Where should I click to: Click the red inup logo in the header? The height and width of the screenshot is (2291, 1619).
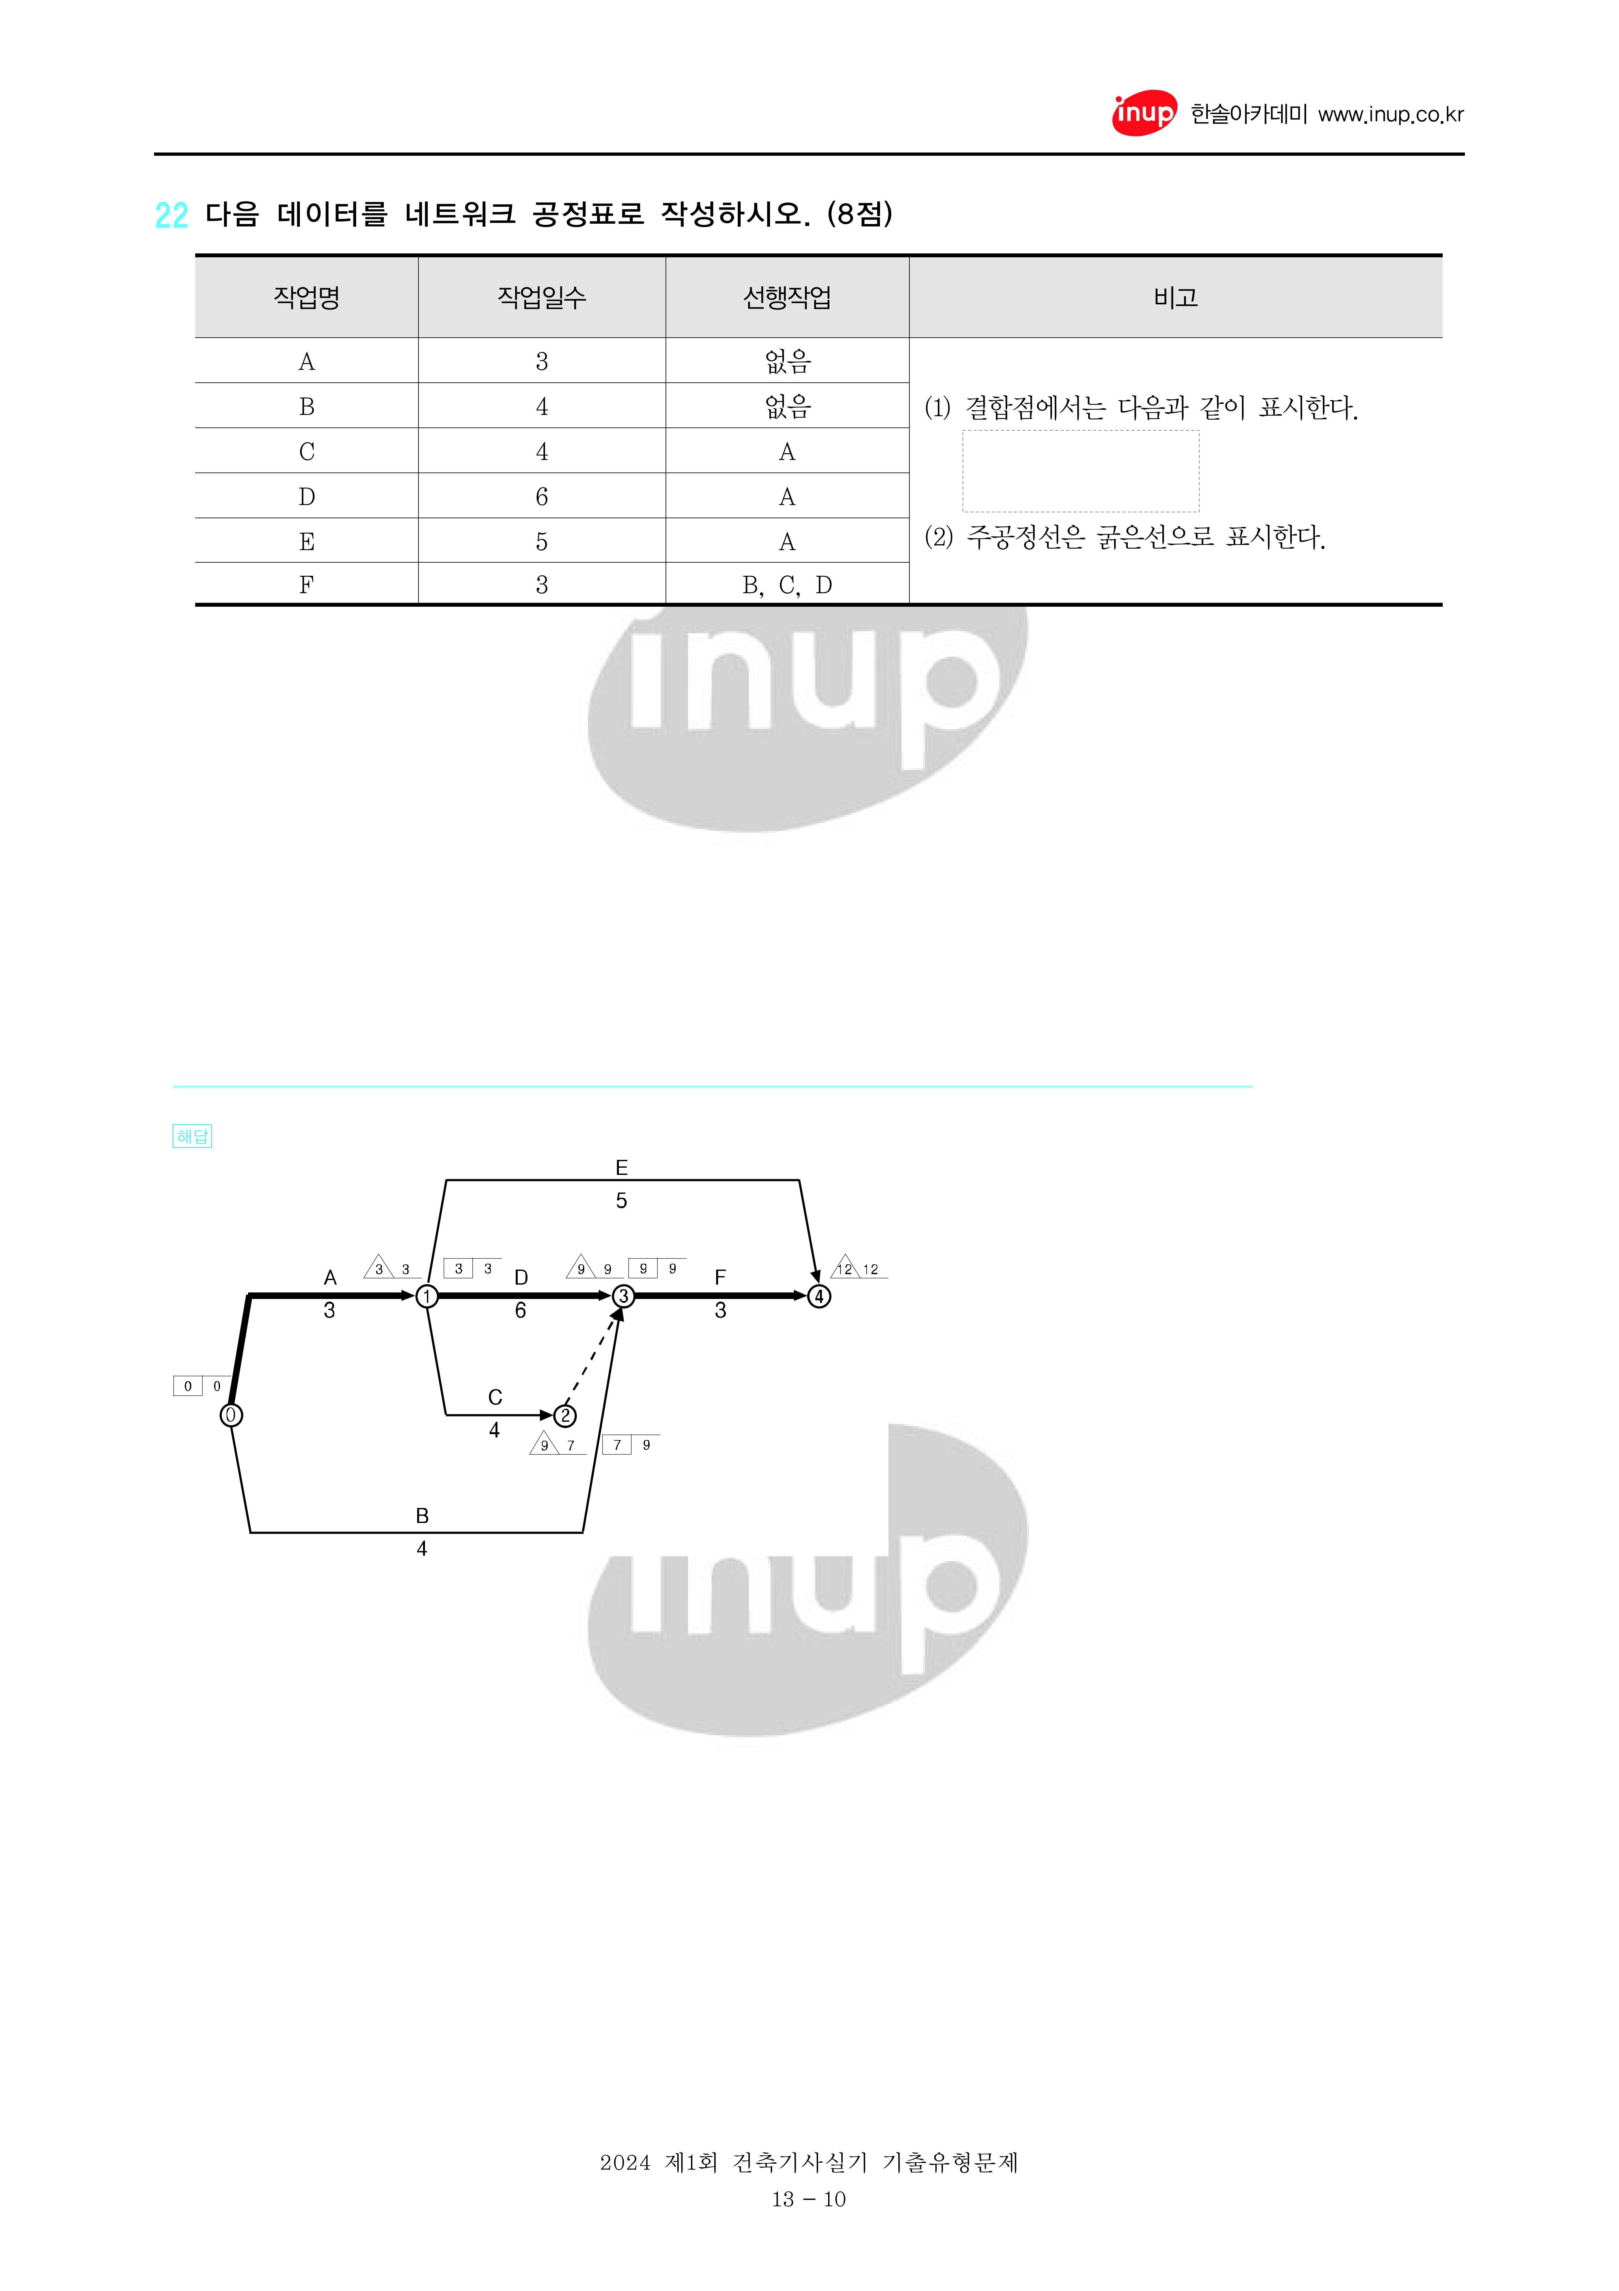click(1144, 114)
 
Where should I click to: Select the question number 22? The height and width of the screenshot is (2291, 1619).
click(172, 215)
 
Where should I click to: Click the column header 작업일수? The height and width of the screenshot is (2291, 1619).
click(542, 297)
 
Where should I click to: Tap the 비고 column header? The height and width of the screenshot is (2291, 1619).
click(1175, 297)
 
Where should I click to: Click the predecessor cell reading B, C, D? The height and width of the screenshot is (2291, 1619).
click(787, 586)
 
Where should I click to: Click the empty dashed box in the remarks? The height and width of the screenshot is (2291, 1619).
click(1080, 471)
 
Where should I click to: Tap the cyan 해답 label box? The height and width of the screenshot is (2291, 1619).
click(193, 1136)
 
